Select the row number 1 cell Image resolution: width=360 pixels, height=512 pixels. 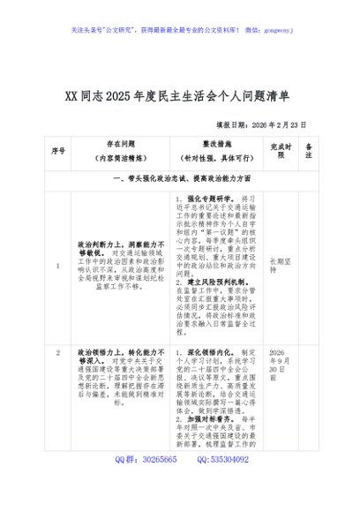[58, 265]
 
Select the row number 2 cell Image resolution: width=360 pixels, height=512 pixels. [58, 353]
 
